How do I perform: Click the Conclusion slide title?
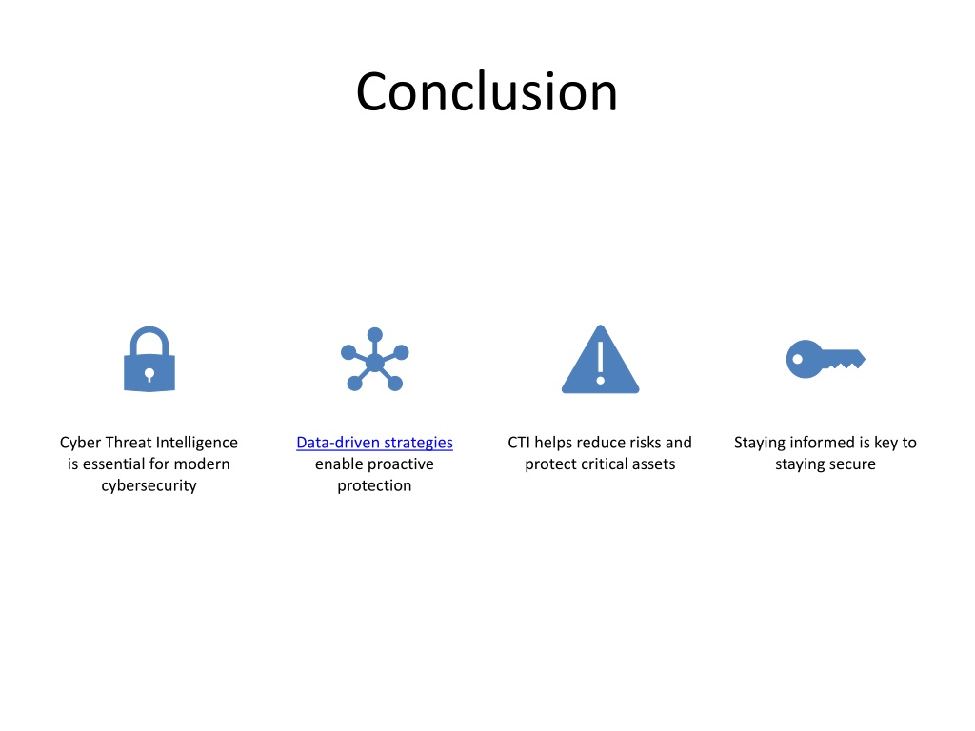coord(487,92)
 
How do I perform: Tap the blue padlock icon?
coord(149,359)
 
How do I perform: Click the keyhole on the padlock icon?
coord(149,374)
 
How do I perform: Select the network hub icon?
coord(375,359)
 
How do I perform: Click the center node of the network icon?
coord(375,362)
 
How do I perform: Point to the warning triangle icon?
coord(600,359)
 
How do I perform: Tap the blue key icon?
coord(826,359)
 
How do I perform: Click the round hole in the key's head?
coord(797,359)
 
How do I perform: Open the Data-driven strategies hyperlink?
coord(374,443)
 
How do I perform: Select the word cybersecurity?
coord(149,485)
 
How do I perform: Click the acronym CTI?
coord(519,443)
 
